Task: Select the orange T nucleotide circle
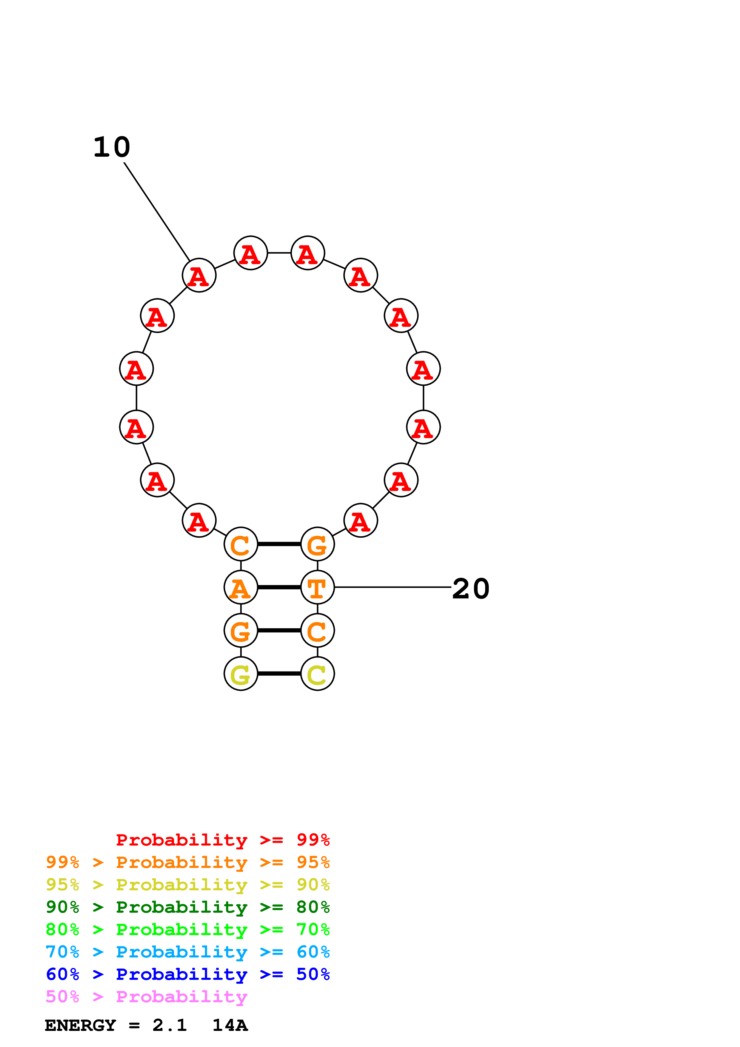(317, 587)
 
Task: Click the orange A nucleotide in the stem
(241, 587)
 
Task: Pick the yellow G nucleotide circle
(241, 674)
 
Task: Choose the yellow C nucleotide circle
(317, 674)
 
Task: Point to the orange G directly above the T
(317, 544)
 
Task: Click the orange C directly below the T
(317, 631)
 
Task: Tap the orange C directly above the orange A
(241, 544)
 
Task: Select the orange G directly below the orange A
(241, 631)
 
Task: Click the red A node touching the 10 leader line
(199, 275)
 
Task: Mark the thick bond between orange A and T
(279, 587)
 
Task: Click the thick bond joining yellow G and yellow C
(279, 674)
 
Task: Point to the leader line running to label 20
(392, 587)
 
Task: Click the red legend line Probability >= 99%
(222, 840)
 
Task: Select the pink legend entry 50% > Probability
(146, 997)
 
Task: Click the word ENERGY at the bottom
(80, 1026)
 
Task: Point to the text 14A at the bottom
(230, 1026)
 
